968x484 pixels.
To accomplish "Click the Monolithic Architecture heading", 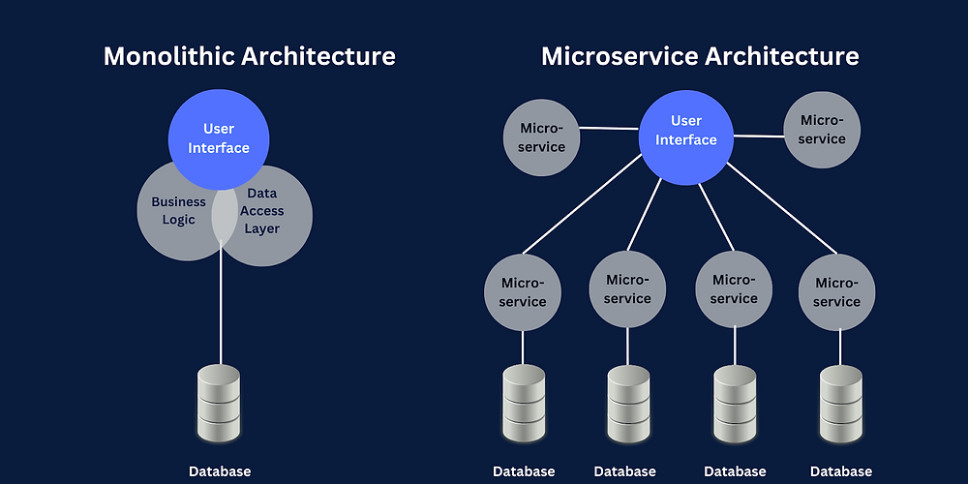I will tap(249, 56).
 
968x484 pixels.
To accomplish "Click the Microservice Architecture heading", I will tap(700, 56).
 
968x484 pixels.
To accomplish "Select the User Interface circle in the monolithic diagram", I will tap(219, 138).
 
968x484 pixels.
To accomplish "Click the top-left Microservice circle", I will tap(541, 136).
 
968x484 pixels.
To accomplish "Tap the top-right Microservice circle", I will tap(821, 129).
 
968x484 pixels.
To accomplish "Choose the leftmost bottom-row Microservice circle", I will tap(523, 291).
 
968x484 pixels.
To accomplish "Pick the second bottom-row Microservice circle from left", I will tap(627, 288).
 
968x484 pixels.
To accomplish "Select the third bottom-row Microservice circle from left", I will tap(733, 288).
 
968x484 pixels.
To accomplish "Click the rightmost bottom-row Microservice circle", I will tap(837, 291).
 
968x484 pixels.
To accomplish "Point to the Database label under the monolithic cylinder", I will tap(220, 471).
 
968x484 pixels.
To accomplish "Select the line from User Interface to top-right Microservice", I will tap(759, 136).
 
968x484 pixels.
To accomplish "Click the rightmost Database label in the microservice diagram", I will tap(840, 471).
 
